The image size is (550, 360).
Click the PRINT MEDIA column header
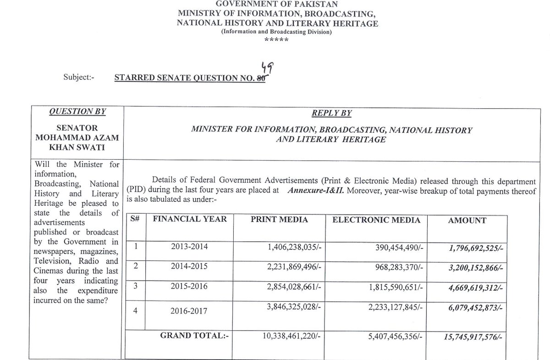[279, 220]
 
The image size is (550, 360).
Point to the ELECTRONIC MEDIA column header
[376, 220]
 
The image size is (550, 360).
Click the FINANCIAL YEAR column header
[190, 219]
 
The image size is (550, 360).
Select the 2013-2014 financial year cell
[189, 247]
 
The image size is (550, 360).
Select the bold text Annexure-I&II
[316, 191]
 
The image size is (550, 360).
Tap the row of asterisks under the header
[276, 40]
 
